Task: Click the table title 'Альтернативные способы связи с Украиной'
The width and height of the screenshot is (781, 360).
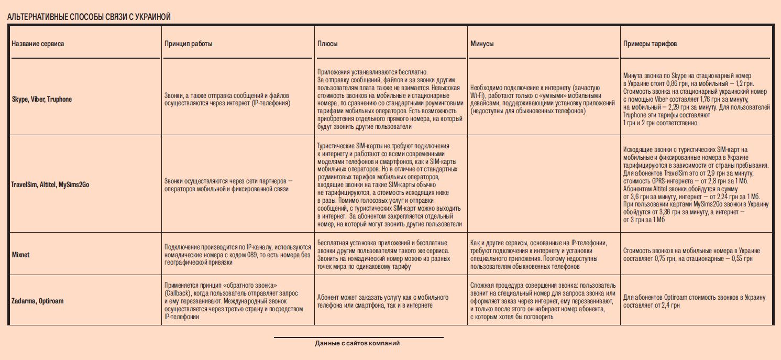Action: tap(89, 17)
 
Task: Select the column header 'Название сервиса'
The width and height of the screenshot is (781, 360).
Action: tap(38, 44)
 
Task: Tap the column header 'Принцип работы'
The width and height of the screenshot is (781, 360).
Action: tap(189, 44)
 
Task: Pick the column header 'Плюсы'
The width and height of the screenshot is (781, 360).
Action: tap(327, 44)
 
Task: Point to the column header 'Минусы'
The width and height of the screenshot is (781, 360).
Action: tap(482, 44)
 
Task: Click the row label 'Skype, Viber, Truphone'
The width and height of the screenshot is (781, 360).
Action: tap(42, 99)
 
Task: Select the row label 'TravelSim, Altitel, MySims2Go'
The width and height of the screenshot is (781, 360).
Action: tap(50, 185)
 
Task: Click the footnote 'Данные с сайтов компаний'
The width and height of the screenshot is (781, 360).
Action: tap(357, 344)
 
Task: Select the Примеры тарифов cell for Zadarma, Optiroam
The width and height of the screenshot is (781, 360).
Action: tap(694, 301)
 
